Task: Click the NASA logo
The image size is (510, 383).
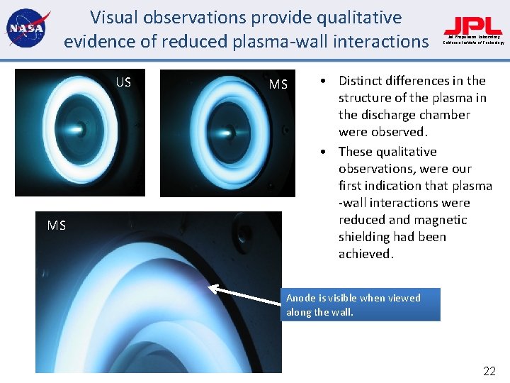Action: click(25, 29)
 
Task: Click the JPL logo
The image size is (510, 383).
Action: click(473, 26)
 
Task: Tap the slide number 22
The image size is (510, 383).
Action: click(489, 370)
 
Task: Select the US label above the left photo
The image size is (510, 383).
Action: click(123, 82)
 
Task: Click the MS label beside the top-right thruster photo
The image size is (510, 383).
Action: click(278, 85)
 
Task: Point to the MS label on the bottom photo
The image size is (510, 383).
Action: click(57, 226)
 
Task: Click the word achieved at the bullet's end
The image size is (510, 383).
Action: click(365, 254)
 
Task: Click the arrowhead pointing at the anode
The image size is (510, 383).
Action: click(210, 287)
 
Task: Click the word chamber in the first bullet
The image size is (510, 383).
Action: click(441, 115)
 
